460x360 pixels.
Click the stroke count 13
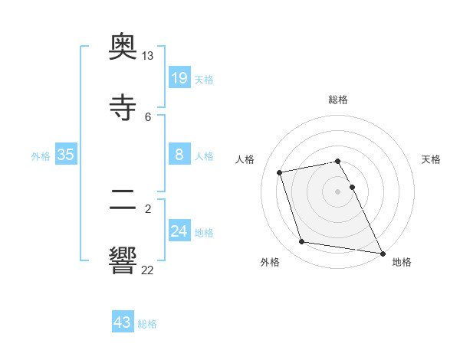click(147, 56)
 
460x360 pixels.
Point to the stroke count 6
click(147, 116)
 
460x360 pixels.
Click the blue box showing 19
click(179, 77)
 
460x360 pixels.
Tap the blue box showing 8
click(179, 155)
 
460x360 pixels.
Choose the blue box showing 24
click(179, 231)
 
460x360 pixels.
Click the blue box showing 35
click(66, 155)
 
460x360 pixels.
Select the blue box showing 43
click(123, 322)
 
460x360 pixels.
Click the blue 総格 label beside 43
click(147, 324)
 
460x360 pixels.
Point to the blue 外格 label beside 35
click(41, 156)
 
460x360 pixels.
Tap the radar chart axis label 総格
click(338, 100)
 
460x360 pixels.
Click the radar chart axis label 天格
click(432, 159)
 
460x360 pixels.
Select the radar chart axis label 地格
click(402, 262)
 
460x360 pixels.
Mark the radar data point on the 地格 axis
click(382, 253)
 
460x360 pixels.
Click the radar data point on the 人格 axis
click(280, 172)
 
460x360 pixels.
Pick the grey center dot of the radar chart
click(338, 191)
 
